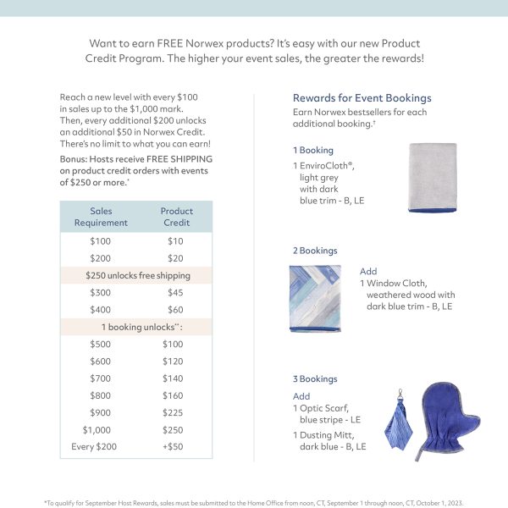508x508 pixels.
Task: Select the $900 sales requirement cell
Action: pos(100,412)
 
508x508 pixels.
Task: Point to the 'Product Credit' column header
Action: pos(176,217)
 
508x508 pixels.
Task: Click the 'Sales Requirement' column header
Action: pos(101,217)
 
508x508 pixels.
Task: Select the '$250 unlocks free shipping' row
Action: pos(137,275)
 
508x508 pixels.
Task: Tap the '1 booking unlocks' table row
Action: pos(137,327)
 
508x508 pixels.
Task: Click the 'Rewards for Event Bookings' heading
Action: pos(362,98)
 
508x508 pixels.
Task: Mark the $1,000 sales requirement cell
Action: pos(100,429)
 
